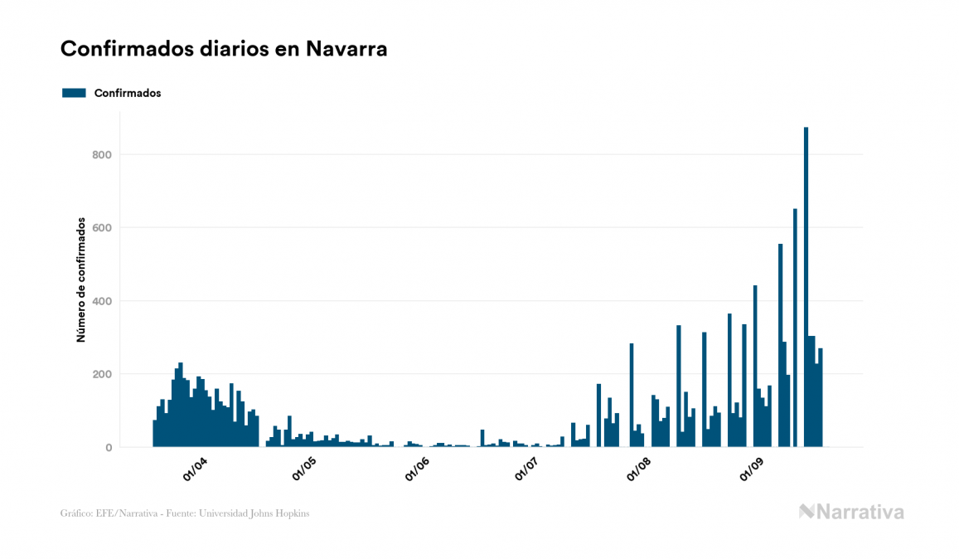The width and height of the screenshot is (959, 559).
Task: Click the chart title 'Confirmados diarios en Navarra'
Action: (x=224, y=49)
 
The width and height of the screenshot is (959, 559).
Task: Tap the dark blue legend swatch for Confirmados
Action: (x=74, y=93)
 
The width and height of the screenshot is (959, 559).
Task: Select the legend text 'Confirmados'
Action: (x=128, y=93)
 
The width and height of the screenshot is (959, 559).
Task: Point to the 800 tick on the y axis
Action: (x=102, y=155)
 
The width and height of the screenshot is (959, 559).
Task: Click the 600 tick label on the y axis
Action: (x=102, y=228)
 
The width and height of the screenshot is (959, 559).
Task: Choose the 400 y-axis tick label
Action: (x=102, y=301)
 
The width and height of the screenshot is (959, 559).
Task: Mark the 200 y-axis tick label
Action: (x=102, y=374)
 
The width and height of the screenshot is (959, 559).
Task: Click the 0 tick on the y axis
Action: (x=109, y=448)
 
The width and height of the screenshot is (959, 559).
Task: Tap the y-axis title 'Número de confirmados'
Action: (x=81, y=280)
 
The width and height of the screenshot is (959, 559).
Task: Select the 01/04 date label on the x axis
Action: (x=195, y=469)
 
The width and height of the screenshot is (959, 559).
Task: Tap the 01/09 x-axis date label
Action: (x=750, y=469)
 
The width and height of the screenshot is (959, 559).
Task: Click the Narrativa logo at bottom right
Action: (x=851, y=512)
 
